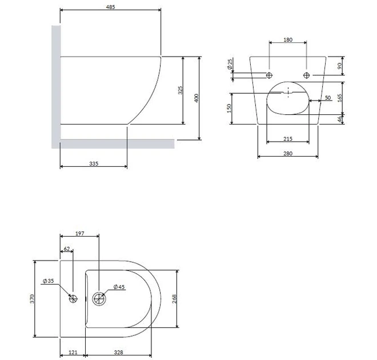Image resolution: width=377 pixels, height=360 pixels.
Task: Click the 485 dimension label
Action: click(x=110, y=7)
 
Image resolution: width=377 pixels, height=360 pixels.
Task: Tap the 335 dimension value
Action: click(x=94, y=163)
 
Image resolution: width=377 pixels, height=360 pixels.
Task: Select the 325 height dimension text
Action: click(x=181, y=90)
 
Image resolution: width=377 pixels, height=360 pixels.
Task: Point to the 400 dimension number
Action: click(x=196, y=98)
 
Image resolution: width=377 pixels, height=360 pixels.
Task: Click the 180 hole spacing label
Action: click(x=288, y=39)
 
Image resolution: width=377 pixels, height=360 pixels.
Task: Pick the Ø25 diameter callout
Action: click(x=230, y=65)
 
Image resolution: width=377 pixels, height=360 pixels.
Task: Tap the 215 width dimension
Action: click(x=288, y=139)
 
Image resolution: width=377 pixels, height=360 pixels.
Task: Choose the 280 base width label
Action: click(x=288, y=153)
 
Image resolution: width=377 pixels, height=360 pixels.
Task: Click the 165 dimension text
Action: click(x=340, y=98)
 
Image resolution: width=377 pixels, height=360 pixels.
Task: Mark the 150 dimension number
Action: click(x=229, y=108)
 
